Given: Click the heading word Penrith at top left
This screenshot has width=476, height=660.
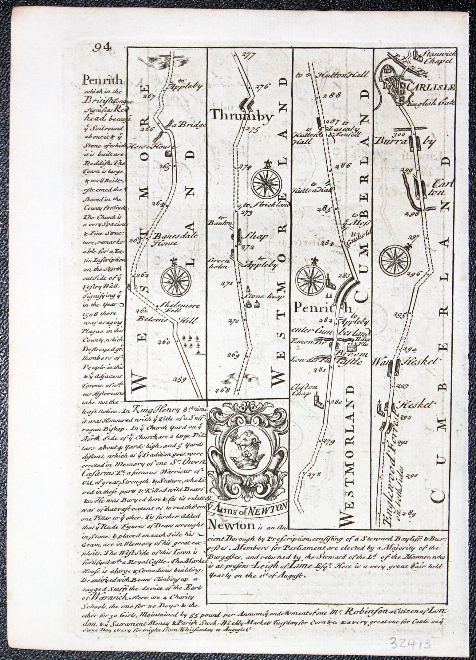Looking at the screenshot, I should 102,81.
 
